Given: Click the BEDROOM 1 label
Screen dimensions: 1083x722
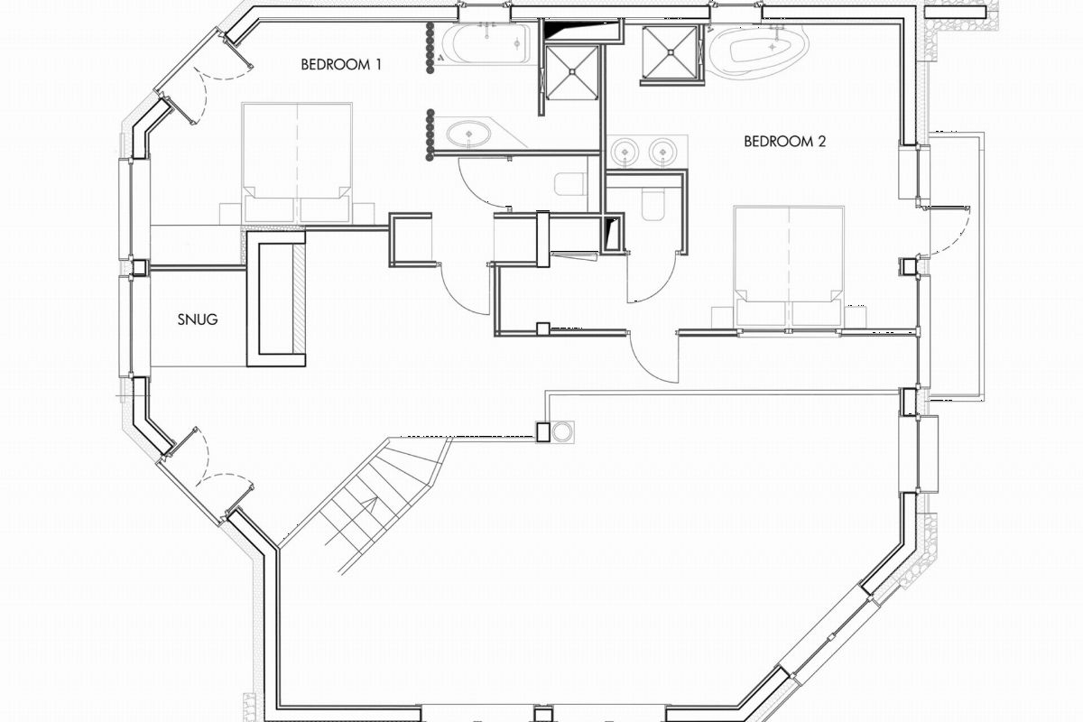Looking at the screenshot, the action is [341, 64].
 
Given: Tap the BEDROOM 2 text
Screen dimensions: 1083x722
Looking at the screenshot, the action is [784, 141].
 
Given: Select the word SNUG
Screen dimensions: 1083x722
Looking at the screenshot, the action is [198, 319].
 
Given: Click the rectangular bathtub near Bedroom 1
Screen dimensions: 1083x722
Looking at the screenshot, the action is [485, 44].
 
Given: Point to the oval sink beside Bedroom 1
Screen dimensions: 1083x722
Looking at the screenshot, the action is [468, 133].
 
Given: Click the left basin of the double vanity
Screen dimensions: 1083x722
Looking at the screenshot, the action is [625, 152].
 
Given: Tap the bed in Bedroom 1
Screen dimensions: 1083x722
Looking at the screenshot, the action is [296, 163].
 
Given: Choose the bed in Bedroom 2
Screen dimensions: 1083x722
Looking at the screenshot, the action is [789, 266].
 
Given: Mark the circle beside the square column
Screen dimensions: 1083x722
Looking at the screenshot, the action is [562, 431].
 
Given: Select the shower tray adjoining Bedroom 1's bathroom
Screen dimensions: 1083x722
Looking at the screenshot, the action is [572, 73].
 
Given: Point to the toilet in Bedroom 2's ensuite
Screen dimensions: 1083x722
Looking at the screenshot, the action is [653, 204].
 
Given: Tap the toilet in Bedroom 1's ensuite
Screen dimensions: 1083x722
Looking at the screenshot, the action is [570, 184].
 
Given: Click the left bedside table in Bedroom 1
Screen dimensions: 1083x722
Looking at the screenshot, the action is [231, 213].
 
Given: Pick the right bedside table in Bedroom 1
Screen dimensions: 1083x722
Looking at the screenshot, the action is [364, 213].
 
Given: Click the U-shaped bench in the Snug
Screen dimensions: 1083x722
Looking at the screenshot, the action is [276, 299].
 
